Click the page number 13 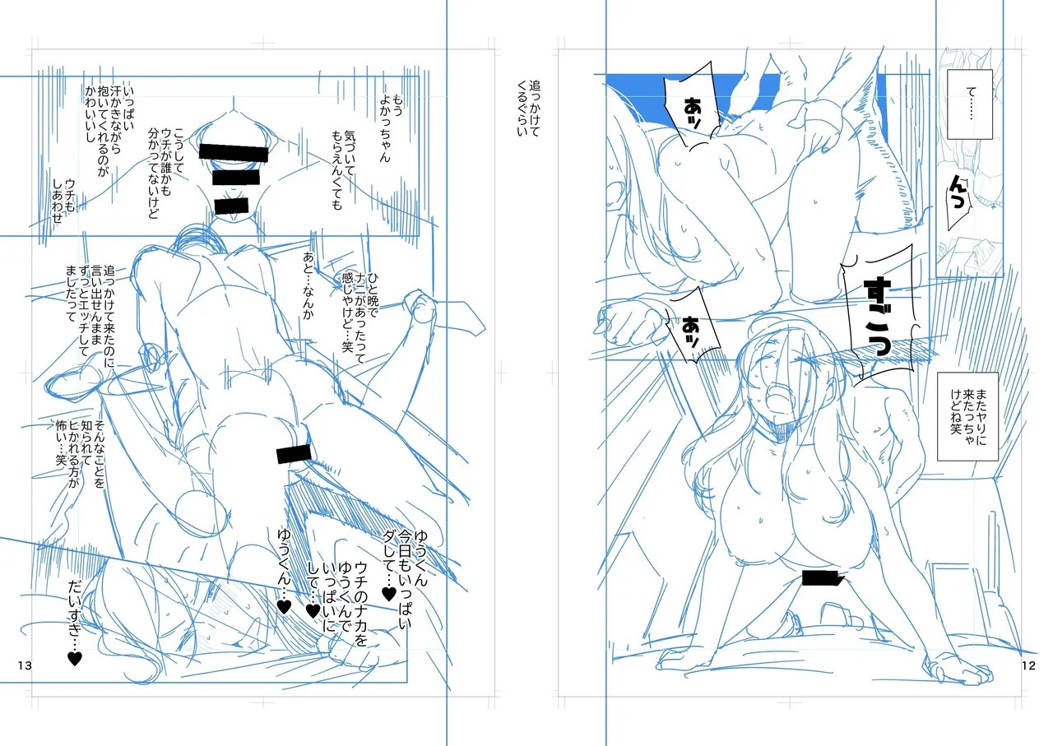(25, 665)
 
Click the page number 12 (1028, 665)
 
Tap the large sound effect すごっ (878, 316)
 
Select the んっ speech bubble (958, 197)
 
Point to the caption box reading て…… (969, 104)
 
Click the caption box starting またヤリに (967, 416)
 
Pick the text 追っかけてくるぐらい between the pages (529, 108)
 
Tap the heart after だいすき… (75, 659)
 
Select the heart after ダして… (389, 594)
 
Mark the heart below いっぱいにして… (313, 610)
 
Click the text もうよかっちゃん (391, 127)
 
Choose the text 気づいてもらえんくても (343, 170)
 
